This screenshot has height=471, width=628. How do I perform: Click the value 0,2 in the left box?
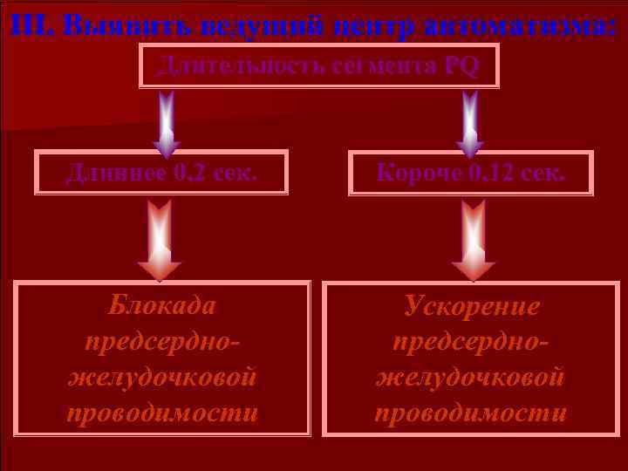(189, 173)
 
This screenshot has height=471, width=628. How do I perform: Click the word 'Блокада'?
(162, 306)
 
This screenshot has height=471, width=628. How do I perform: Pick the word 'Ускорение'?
(471, 306)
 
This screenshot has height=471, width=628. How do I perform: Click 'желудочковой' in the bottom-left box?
(162, 378)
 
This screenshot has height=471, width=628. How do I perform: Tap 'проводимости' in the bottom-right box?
(471, 413)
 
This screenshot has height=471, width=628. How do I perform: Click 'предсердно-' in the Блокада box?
(162, 342)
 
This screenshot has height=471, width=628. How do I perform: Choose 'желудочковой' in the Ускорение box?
(471, 378)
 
